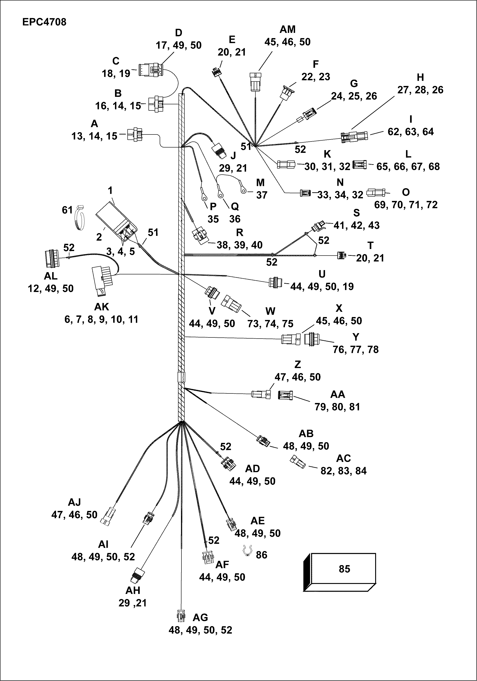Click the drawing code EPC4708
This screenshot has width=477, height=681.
[x=44, y=22]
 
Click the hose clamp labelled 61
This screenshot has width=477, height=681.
[x=79, y=219]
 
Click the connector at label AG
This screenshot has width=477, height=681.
[x=181, y=616]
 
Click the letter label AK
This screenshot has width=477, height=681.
[x=101, y=307]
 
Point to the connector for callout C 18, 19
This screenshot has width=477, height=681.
[x=151, y=69]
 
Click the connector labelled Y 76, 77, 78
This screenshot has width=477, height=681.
[x=310, y=339]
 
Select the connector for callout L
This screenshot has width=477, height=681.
[x=359, y=165]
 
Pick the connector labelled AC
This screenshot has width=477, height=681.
[x=297, y=461]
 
